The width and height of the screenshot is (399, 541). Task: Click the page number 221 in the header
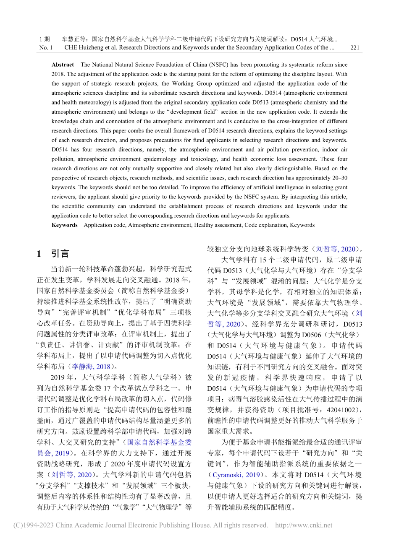pyautogui.click(x=354, y=47)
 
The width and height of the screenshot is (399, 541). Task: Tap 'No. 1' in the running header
pyautogui.click(x=46, y=47)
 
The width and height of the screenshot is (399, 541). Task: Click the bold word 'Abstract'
pyautogui.click(x=63, y=65)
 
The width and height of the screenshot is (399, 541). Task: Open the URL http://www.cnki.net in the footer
pyautogui.click(x=303, y=525)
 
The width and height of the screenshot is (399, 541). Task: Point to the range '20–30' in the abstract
pyautogui.click(x=340, y=178)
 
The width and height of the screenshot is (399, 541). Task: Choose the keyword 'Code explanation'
pyautogui.click(x=266, y=225)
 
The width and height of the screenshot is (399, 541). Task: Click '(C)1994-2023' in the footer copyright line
pyautogui.click(x=32, y=525)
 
